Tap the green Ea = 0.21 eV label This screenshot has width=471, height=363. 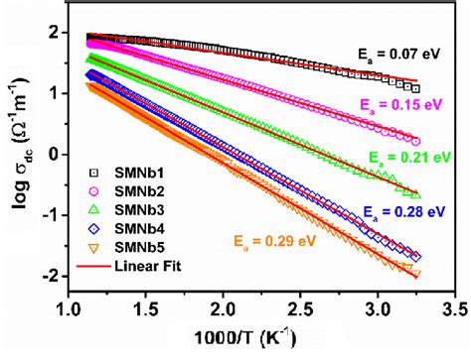[407, 157]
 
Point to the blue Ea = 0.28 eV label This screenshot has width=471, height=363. [401, 211]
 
